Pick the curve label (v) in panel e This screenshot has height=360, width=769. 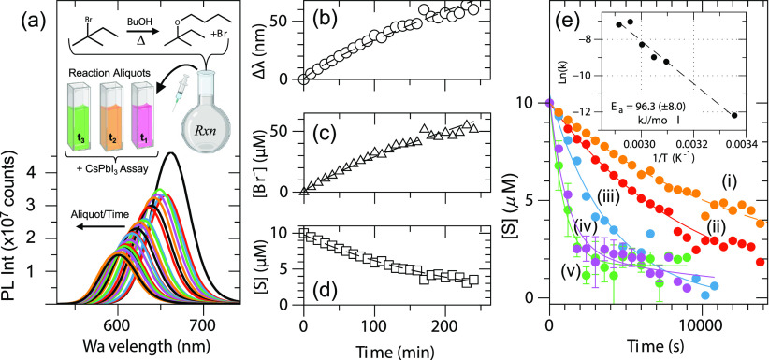tap(568, 272)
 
